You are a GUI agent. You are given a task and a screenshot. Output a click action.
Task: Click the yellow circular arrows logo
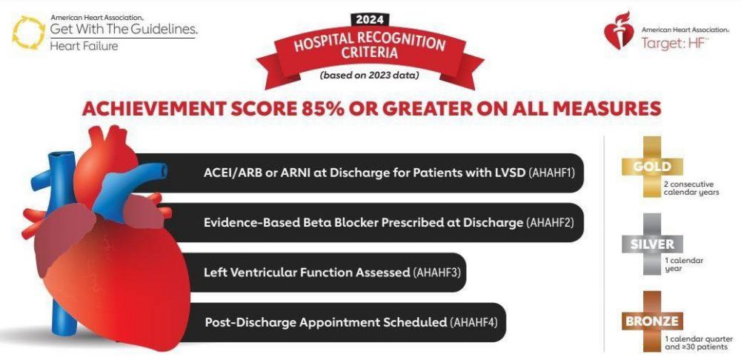point(29,32)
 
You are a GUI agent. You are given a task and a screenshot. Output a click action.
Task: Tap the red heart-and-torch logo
point(619,30)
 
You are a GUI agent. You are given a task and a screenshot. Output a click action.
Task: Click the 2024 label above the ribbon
point(370,20)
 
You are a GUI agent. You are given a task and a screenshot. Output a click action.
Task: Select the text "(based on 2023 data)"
point(369,75)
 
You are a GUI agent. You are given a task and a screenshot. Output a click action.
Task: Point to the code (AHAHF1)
point(551,173)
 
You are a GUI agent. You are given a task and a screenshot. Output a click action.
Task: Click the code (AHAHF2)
point(550,222)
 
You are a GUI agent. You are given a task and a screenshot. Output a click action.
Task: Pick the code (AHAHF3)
point(436,273)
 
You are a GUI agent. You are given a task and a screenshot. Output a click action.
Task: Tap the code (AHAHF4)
point(473,323)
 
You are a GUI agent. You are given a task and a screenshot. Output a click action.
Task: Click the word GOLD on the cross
point(652,167)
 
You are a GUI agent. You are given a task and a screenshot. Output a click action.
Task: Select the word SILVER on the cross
point(652,244)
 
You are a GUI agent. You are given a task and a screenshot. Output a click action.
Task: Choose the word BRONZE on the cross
point(652,322)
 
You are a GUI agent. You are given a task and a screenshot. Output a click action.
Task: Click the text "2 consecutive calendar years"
point(691,188)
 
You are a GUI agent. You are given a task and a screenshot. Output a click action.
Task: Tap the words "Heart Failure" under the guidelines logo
point(84,46)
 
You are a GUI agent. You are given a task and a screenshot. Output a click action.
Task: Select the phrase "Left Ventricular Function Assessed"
point(307,273)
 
